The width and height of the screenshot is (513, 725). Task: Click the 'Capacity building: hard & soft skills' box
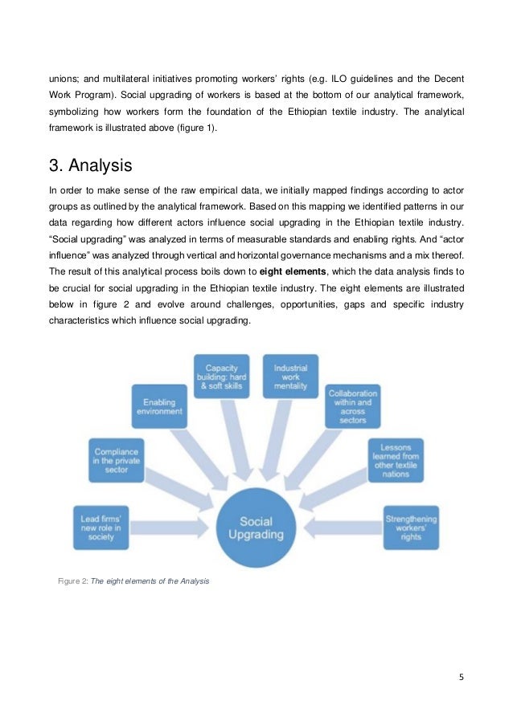[x=221, y=377]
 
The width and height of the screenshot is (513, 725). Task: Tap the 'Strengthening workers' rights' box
[x=411, y=526]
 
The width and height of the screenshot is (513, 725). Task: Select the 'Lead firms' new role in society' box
[x=101, y=526]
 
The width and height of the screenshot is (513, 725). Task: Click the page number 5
[x=462, y=675]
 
